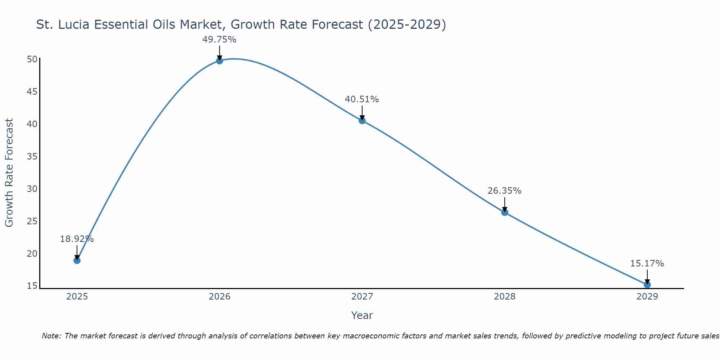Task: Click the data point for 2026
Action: (x=219, y=60)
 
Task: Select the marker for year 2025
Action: (x=77, y=260)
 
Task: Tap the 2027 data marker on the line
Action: (x=362, y=121)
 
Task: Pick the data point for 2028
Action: (x=504, y=212)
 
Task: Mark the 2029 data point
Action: (x=647, y=285)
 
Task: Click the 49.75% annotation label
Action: (x=219, y=40)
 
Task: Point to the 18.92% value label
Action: (x=77, y=239)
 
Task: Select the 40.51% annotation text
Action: (x=362, y=99)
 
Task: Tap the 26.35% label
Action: (x=504, y=191)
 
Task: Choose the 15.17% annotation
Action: (x=647, y=264)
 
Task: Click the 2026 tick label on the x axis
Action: (x=219, y=297)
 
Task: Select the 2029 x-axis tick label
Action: (x=647, y=297)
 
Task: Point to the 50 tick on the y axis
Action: (x=32, y=59)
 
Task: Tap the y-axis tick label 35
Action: (x=32, y=157)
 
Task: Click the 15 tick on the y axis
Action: (x=32, y=286)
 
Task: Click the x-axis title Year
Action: (x=362, y=315)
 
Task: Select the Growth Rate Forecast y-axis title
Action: (x=9, y=172)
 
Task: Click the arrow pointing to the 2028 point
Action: (x=504, y=204)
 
